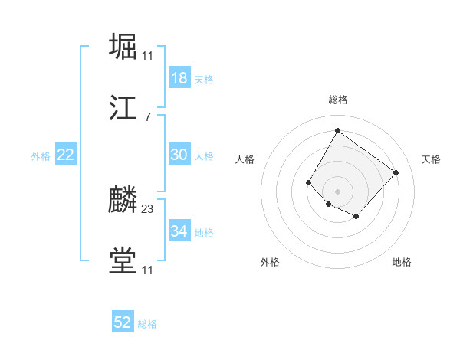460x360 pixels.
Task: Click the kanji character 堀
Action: click(123, 45)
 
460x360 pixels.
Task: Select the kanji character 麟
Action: click(123, 199)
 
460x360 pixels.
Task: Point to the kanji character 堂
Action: click(123, 260)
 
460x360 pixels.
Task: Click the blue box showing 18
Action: click(179, 78)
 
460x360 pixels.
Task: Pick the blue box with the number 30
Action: click(179, 155)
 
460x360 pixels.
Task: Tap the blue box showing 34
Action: click(179, 231)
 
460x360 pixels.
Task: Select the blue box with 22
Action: click(66, 155)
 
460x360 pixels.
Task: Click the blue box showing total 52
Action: click(123, 322)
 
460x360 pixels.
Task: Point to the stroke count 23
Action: click(148, 208)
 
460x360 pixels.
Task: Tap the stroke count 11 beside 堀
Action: click(148, 55)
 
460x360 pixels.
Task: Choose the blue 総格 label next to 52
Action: click(147, 324)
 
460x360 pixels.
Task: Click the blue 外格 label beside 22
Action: click(41, 156)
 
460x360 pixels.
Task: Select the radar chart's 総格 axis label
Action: click(337, 100)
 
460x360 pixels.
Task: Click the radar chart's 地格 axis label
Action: click(402, 262)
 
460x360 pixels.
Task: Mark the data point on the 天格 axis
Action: click(396, 172)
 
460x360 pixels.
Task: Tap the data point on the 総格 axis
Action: click(337, 130)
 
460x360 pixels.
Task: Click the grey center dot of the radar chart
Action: click(337, 191)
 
